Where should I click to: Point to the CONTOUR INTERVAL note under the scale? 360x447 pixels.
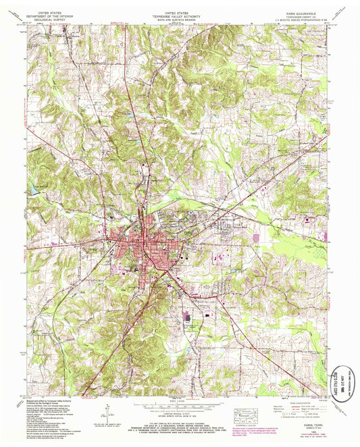tap(179, 405)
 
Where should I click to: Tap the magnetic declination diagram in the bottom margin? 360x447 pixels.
tap(108, 405)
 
